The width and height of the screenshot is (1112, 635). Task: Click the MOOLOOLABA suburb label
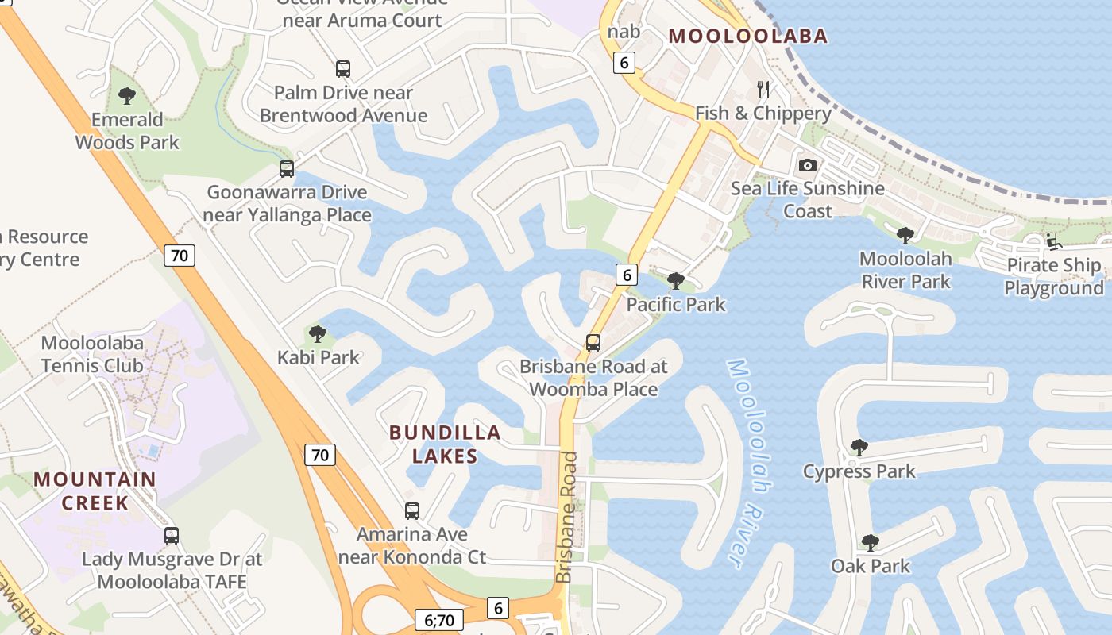pos(748,36)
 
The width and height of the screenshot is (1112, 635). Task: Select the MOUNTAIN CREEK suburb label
pos(95,491)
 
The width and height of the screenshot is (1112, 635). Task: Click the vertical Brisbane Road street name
pos(567,517)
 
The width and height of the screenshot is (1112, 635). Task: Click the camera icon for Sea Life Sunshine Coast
pos(808,165)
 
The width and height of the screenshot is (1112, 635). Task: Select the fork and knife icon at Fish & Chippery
pos(763,89)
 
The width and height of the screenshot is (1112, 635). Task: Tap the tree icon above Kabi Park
pos(318,334)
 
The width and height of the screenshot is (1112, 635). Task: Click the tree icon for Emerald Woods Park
pos(126,97)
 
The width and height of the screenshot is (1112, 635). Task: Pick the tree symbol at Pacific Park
pos(676,281)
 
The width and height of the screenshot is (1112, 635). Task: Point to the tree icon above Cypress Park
pos(859,448)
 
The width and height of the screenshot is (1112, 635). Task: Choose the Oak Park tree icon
pos(871,543)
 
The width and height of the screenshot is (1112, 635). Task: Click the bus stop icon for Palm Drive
pos(343,69)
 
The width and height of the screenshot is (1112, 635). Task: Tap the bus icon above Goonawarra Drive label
pos(287,169)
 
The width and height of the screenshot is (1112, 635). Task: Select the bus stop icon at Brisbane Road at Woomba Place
pos(593,343)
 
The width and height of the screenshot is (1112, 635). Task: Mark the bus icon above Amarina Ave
pos(412,511)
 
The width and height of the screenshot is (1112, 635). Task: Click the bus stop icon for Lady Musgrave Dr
pos(172,536)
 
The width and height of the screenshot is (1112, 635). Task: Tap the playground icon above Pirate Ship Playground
pos(1054,242)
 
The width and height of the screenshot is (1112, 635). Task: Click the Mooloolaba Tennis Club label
pos(92,355)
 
